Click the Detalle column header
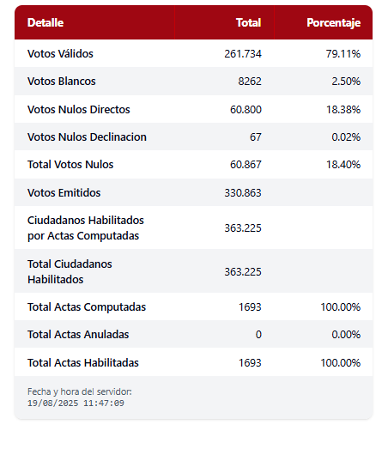[45, 22]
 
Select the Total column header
[248, 22]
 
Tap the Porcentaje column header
[334, 23]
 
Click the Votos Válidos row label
[60, 54]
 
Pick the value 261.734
[243, 54]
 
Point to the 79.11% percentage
[343, 54]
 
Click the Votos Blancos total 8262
[250, 82]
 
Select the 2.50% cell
[346, 82]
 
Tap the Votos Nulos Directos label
[78, 109]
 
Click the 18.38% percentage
[343, 110]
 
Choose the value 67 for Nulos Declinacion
[256, 137]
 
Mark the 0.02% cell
[346, 137]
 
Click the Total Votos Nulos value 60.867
[246, 165]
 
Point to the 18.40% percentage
[343, 165]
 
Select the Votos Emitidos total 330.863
[243, 193]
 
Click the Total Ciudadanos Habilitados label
[70, 271]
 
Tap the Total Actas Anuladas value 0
[258, 335]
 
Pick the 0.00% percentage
[346, 335]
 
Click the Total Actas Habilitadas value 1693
[250, 363]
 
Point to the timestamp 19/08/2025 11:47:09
[76, 403]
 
